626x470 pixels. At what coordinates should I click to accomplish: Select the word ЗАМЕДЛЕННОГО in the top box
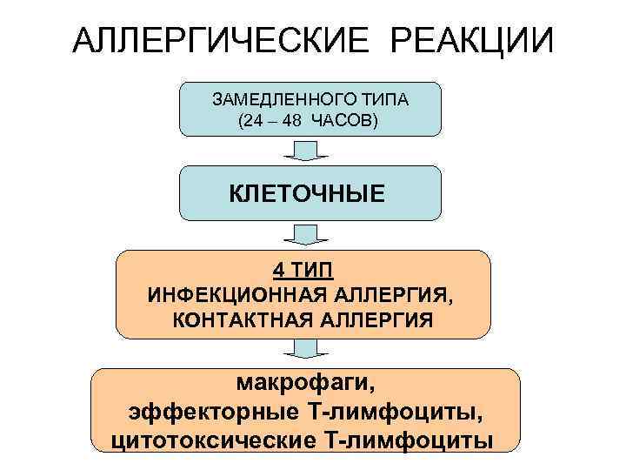(x=280, y=100)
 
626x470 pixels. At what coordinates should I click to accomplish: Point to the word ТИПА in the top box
(x=379, y=100)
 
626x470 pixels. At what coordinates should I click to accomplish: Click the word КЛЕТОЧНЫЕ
(x=307, y=192)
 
